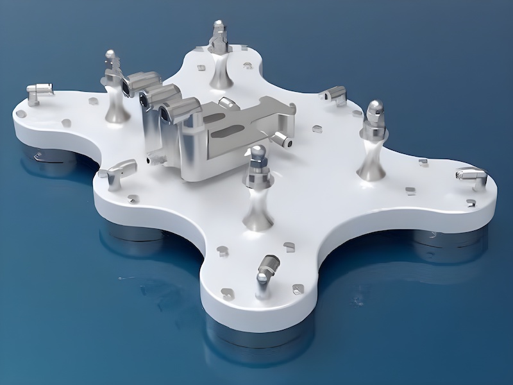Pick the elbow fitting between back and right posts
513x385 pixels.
335,94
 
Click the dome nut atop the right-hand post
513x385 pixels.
374,110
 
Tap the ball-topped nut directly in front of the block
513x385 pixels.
258,155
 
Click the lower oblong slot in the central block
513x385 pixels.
228,134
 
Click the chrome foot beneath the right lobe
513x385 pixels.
436,237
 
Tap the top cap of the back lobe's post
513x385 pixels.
219,28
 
